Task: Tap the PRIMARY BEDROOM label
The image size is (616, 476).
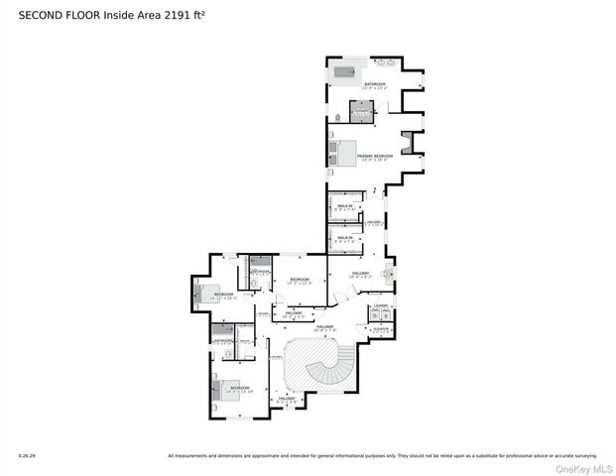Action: point(375,156)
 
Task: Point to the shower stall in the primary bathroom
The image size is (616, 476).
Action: point(361,111)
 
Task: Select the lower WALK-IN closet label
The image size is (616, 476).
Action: point(344,237)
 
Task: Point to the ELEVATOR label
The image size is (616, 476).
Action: point(380,328)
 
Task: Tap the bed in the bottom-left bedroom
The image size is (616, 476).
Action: point(228,392)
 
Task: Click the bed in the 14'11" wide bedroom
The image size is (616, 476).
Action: point(209,295)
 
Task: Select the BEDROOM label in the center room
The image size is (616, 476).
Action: point(299,279)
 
